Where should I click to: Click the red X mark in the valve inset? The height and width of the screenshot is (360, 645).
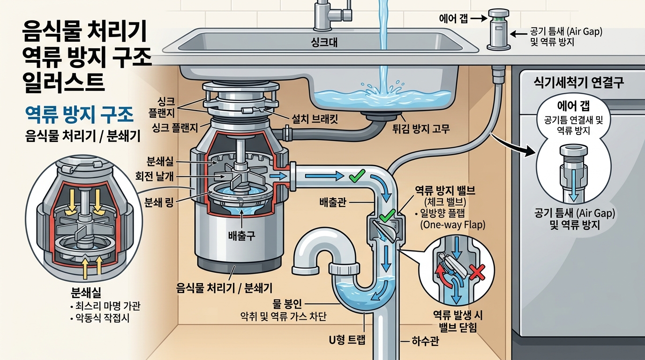477,272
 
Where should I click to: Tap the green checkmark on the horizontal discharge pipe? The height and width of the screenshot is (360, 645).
357,176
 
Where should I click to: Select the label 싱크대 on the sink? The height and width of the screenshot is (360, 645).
324,43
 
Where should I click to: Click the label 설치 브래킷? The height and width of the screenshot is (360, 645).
315,119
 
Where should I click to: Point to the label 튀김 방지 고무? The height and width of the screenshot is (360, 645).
421,128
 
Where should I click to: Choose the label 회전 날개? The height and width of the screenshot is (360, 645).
155,176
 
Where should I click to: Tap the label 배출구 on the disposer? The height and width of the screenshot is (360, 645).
241,236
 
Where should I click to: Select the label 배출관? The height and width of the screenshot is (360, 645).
333,202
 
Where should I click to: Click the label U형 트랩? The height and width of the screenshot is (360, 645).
347,340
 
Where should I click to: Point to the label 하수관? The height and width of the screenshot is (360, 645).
425,341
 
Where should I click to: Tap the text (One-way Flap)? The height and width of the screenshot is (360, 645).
453,225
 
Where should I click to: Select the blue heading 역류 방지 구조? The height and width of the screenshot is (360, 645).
79,115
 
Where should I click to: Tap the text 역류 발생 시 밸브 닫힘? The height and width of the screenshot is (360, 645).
458,322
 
